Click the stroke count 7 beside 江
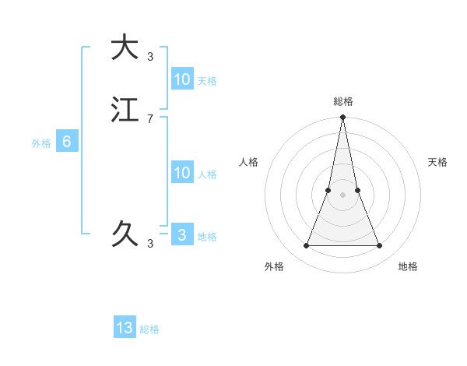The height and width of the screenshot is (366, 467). click(x=150, y=118)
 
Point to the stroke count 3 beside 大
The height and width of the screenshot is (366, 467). click(x=150, y=56)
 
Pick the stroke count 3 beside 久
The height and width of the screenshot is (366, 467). click(x=150, y=244)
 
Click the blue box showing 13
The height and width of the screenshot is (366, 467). click(x=125, y=328)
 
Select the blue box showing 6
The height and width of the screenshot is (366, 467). click(x=67, y=142)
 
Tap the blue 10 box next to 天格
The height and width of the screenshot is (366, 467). click(x=182, y=79)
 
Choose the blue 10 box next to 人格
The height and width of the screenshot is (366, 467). click(x=182, y=173)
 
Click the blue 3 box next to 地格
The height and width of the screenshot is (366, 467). click(x=182, y=235)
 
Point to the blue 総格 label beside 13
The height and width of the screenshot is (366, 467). click(x=149, y=329)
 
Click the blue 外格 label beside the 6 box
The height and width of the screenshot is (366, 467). click(x=41, y=143)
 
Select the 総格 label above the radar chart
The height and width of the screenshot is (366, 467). click(x=342, y=101)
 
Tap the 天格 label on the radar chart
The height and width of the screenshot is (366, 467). click(x=437, y=162)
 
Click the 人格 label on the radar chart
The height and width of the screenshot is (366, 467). click(x=248, y=162)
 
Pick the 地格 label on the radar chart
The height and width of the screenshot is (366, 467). click(x=408, y=266)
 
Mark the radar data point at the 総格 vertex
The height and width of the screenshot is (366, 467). click(x=342, y=118)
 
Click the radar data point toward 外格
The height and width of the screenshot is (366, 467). click(x=306, y=246)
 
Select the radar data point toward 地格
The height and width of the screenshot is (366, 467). click(x=379, y=246)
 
